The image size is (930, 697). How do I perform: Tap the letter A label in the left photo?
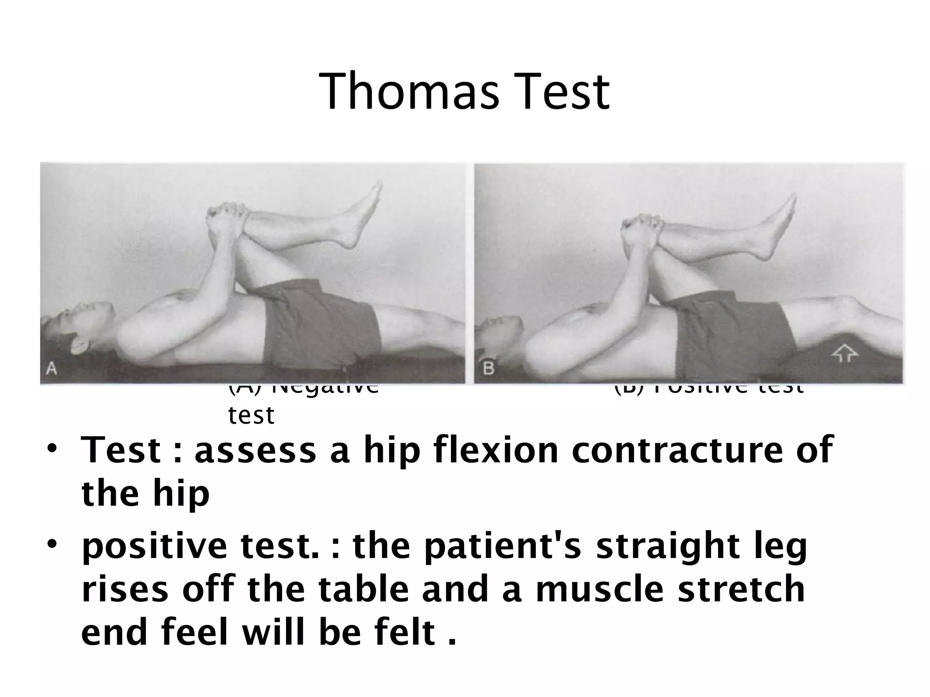point(52,369)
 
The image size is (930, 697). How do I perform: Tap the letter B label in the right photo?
point(488,368)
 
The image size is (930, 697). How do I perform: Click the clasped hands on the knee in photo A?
point(227,218)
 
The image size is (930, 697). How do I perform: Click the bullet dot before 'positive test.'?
point(53,543)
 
